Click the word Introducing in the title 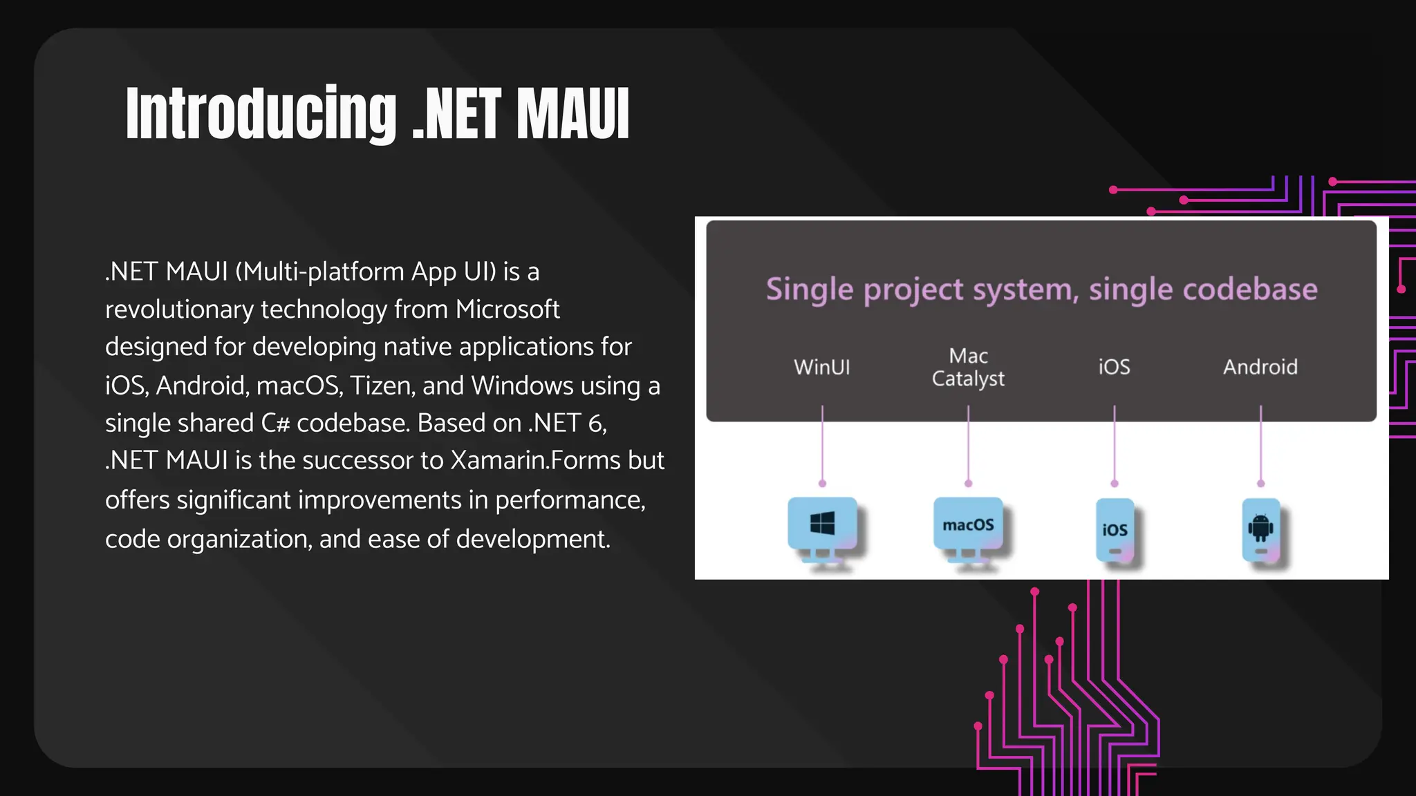(261, 114)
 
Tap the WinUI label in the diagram (821, 367)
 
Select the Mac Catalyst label (968, 367)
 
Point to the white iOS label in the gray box (1114, 367)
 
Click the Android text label (1260, 367)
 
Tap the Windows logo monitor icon (822, 526)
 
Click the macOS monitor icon (968, 526)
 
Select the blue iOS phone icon (1115, 530)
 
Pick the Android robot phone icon (1260, 530)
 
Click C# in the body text (274, 423)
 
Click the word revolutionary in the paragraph (179, 310)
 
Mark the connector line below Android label (1260, 446)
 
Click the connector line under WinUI (822, 446)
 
